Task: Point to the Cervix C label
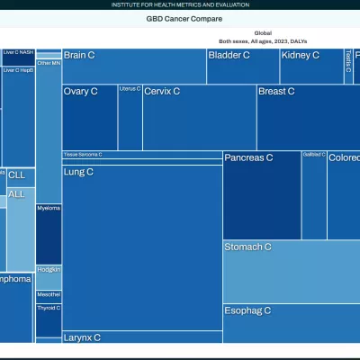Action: click(x=162, y=92)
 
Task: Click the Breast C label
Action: click(x=276, y=92)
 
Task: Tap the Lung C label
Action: click(x=78, y=172)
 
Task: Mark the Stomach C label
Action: click(x=247, y=247)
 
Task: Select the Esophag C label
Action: click(x=247, y=310)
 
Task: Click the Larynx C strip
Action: click(x=82, y=337)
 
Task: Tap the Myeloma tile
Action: click(x=49, y=233)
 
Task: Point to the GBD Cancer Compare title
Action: click(x=184, y=19)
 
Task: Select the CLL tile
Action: click(x=17, y=175)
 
